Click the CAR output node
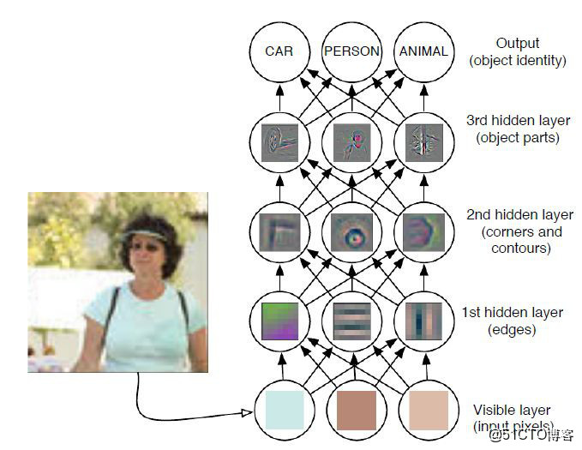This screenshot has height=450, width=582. point(279,51)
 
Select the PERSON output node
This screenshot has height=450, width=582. point(352,51)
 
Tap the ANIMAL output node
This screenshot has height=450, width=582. point(424,51)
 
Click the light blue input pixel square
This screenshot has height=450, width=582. point(285,411)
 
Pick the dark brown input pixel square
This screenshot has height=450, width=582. point(357,411)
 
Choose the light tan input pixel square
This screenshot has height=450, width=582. point(429,411)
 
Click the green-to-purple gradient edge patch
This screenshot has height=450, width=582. point(280,321)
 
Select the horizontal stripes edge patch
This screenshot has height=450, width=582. point(352,321)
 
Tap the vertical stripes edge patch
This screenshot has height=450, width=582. point(424,321)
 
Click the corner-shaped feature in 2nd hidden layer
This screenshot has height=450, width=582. point(280,232)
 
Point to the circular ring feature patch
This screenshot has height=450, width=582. point(352,232)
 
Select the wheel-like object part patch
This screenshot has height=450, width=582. point(280,143)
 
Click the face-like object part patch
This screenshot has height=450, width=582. point(352,143)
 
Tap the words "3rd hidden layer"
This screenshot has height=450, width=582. point(519,120)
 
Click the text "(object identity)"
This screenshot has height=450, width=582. point(518,60)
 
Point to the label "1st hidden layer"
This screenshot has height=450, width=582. point(513,312)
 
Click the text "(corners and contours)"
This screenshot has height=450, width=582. point(521,240)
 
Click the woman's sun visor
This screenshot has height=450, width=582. point(145,234)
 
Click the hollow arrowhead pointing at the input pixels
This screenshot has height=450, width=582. point(247,413)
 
